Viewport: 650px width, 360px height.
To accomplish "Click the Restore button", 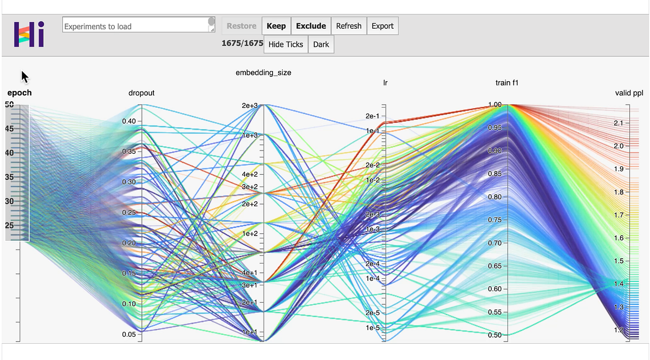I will [x=241, y=26].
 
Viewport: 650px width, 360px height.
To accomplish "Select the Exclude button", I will [x=311, y=26].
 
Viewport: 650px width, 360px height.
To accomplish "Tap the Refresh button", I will [x=348, y=26].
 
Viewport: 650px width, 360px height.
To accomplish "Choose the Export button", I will [x=382, y=26].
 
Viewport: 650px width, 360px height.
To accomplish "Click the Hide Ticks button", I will [x=286, y=44].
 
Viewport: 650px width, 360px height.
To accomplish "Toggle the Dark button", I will [x=321, y=44].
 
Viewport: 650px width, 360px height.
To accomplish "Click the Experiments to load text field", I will [x=135, y=25].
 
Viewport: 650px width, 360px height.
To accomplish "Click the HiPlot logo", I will [x=29, y=34].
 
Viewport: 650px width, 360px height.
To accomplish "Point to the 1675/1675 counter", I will [x=242, y=44].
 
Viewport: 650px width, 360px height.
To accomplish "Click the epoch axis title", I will [x=19, y=93].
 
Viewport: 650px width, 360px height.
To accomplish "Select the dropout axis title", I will [x=141, y=93].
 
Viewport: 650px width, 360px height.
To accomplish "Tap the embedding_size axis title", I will [x=263, y=73].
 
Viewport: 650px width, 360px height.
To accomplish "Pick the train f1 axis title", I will [x=507, y=83].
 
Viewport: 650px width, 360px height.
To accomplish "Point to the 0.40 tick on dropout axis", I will [x=129, y=121].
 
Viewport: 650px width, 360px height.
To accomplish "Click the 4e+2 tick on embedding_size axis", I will [x=250, y=174].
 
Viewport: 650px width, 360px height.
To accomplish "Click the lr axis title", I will [x=385, y=83].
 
